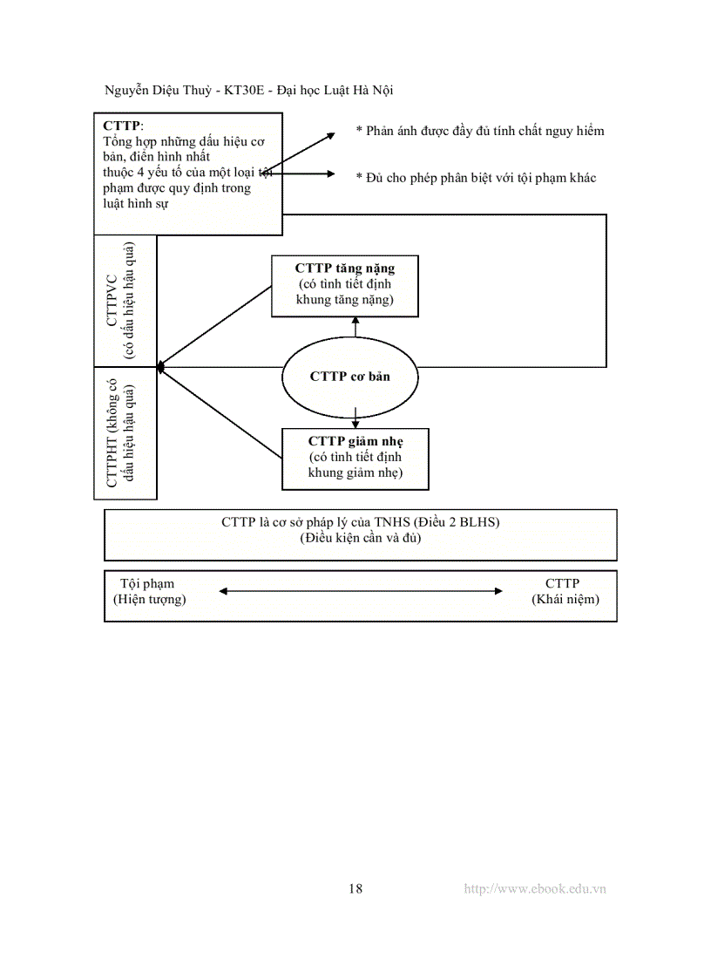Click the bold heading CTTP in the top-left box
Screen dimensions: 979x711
coord(121,126)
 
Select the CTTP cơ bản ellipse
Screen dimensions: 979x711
coord(349,377)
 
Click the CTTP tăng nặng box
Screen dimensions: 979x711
coord(344,285)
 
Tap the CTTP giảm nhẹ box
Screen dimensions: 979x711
coord(355,457)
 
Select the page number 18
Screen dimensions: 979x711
coord(355,888)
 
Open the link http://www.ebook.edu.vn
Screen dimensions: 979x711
coord(535,888)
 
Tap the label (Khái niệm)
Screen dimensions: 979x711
coord(565,599)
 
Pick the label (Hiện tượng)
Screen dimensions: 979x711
coord(150,599)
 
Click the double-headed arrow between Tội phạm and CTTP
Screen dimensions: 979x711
coord(361,591)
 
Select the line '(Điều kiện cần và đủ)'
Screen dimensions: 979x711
coord(360,538)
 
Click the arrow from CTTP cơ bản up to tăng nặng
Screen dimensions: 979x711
coord(355,327)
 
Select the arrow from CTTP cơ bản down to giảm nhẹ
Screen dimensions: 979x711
coord(355,417)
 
